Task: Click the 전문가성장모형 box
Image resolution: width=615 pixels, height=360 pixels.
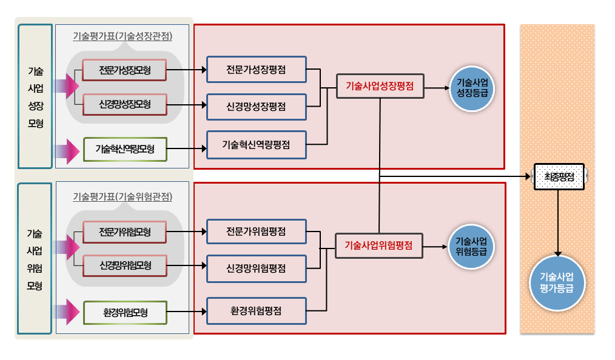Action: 124,71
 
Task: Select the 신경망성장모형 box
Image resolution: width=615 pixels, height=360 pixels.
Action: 124,105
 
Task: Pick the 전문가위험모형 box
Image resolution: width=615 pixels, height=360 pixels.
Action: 124,232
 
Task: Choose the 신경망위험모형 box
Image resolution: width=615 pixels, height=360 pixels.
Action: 124,265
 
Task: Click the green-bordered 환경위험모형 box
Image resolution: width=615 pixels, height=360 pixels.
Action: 124,313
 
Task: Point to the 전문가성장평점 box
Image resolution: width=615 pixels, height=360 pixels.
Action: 256,70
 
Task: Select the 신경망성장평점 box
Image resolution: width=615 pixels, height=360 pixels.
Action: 256,107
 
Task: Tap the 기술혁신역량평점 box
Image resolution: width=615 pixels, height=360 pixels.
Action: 256,145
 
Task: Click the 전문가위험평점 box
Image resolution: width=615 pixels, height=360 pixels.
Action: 256,232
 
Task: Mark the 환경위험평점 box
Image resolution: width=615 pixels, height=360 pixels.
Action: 256,311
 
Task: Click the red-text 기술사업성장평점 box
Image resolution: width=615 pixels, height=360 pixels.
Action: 380,87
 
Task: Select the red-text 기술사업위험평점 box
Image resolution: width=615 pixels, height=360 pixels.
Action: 379,245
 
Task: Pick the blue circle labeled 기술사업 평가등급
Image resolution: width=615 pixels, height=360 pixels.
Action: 557,283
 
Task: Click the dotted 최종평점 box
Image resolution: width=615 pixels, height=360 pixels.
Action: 559,177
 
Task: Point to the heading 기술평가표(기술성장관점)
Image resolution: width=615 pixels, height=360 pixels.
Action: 123,36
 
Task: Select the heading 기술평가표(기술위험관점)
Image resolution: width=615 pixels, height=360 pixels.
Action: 123,196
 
